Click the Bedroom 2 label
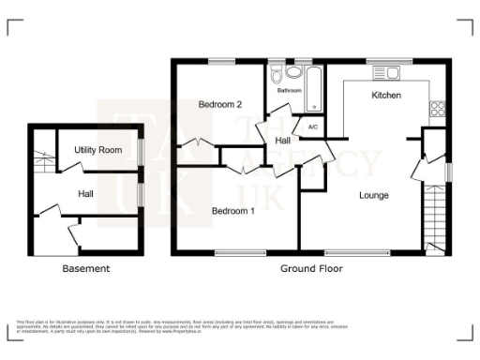pyautogui.click(x=220, y=105)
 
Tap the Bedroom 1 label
pyautogui.click(x=232, y=211)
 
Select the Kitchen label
pyautogui.click(x=386, y=96)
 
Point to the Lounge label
pyautogui.click(x=372, y=195)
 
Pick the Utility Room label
pyautogui.click(x=98, y=150)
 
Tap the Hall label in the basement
pyautogui.click(x=85, y=193)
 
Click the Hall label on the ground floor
pyautogui.click(x=282, y=140)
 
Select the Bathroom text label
pyautogui.click(x=289, y=91)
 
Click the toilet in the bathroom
pyautogui.click(x=277, y=73)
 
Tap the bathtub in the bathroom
pyautogui.click(x=314, y=86)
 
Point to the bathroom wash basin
pyautogui.click(x=294, y=71)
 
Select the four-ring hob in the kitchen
pyautogui.click(x=436, y=108)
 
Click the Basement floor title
pyautogui.click(x=85, y=269)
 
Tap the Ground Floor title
pyautogui.click(x=311, y=269)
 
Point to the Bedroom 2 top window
pyautogui.click(x=221, y=62)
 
